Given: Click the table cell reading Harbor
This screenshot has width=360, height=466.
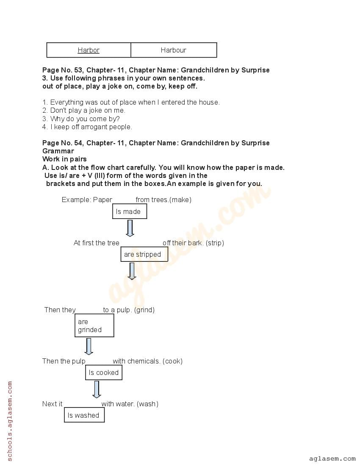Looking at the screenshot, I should (89, 50).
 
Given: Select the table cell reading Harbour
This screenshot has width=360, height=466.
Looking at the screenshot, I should (174, 50).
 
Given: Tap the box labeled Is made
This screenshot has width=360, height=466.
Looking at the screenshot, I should (129, 211).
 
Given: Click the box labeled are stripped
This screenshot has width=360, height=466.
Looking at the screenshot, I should (144, 255).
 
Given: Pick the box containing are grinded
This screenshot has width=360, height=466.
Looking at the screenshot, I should (94, 325).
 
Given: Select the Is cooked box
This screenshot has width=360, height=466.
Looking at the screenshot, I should (104, 373).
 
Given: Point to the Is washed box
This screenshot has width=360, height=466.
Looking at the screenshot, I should (84, 415).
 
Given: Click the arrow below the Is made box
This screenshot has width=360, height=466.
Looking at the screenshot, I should (130, 228).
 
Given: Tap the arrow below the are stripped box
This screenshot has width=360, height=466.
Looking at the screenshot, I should (132, 271).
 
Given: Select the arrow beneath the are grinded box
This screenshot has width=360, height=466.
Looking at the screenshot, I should (89, 346).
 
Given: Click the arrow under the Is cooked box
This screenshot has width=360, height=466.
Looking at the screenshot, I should (97, 389).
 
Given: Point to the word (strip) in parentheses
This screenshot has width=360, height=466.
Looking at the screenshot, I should (215, 243).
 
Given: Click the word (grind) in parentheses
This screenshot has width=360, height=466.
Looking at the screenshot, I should (144, 310).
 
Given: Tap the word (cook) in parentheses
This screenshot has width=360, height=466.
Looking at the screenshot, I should (172, 361).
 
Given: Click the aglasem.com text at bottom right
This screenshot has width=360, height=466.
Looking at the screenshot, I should (332, 458).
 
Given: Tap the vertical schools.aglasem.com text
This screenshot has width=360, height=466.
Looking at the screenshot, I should (10, 421).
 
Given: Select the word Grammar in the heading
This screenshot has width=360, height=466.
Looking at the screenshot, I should (58, 151).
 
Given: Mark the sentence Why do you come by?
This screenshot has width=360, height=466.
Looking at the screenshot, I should (85, 119).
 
